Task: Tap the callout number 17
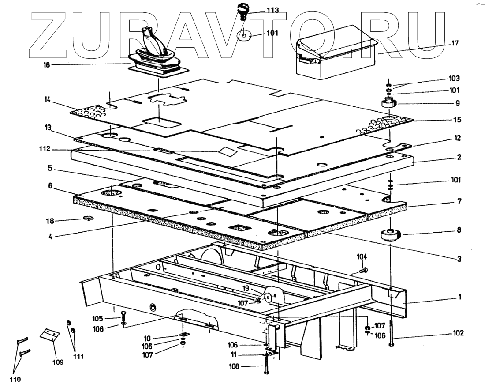tap(455, 43)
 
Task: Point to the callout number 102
tap(459, 334)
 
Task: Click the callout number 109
tap(58, 362)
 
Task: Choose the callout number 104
tap(362, 256)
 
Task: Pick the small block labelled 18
tap(89, 218)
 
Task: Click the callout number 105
tap(97, 318)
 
